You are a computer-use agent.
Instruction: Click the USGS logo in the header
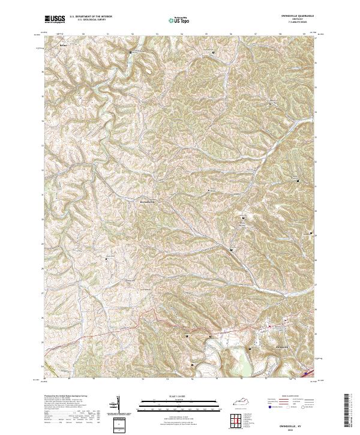click(55, 20)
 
